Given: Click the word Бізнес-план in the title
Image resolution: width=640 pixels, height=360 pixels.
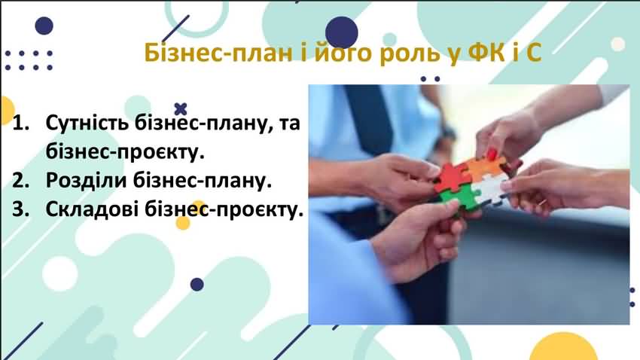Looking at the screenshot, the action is tap(218, 53).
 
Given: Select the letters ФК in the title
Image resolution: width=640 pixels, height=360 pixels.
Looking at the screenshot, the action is tap(486, 52).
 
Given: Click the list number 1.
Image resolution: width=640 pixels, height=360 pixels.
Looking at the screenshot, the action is tap(21, 123).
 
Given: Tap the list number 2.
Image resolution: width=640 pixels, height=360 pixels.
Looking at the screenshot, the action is tap(21, 181).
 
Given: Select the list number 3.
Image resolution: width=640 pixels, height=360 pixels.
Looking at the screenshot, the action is tap(21, 209).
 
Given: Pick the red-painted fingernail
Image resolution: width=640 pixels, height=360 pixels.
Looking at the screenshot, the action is tap(492, 154).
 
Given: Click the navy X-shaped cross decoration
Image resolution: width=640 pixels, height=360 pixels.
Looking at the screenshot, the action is tap(181, 109).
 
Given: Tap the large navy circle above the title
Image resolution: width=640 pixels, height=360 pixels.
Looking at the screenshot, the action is tap(342, 32).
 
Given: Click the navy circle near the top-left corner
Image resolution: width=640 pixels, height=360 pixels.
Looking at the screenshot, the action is tap(44, 26).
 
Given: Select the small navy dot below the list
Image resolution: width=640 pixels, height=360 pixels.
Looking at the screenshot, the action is tap(197, 284).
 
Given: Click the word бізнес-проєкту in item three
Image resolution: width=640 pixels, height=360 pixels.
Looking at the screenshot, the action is tap(224, 210).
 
